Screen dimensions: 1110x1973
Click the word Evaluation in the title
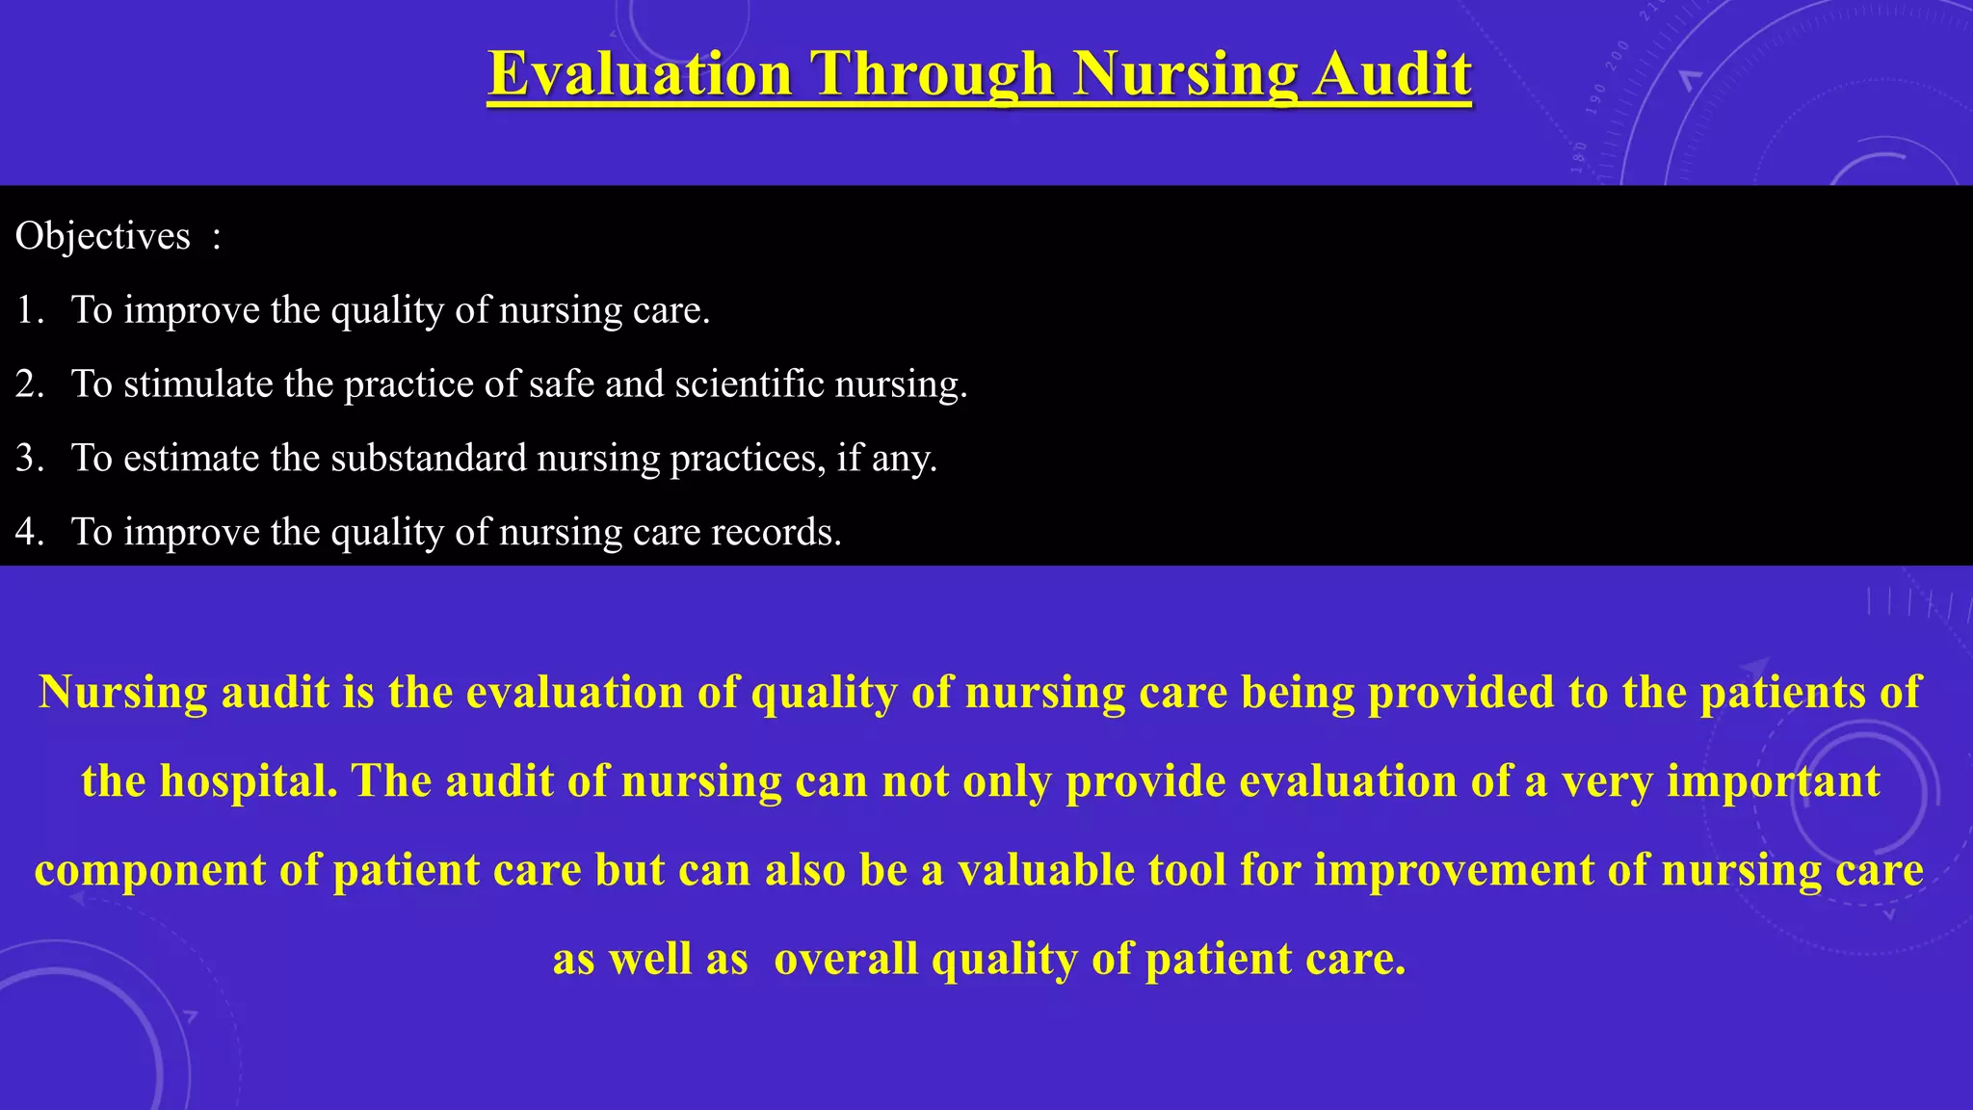(x=641, y=74)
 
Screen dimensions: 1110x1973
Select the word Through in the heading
(x=932, y=74)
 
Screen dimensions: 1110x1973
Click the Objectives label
(x=103, y=236)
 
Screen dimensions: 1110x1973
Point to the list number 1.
(x=29, y=310)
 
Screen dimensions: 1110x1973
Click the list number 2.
(x=29, y=384)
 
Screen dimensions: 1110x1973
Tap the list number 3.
(x=29, y=458)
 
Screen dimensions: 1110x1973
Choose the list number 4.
(x=29, y=532)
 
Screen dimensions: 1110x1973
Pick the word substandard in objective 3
(x=429, y=458)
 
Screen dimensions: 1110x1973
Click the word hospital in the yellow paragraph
(x=248, y=781)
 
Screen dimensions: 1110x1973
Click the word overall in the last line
(x=846, y=960)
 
